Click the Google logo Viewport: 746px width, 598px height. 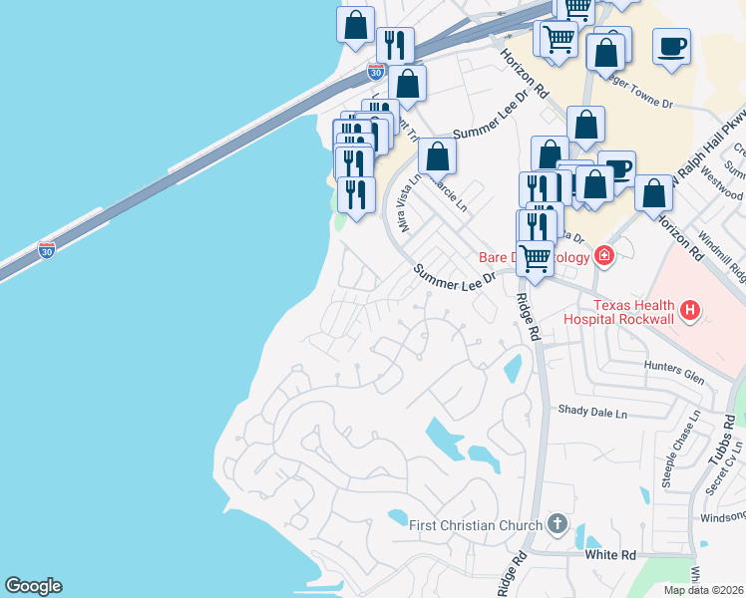33,586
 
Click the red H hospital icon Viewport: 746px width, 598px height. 688,312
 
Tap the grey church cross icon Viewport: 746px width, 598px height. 558,524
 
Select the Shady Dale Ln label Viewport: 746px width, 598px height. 593,412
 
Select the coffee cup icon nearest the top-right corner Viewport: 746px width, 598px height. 671,45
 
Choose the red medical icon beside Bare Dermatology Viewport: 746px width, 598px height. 603,256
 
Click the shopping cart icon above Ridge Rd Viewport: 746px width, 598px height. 536,258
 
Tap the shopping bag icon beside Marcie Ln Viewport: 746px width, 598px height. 437,155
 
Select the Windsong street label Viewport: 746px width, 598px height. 722,516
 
